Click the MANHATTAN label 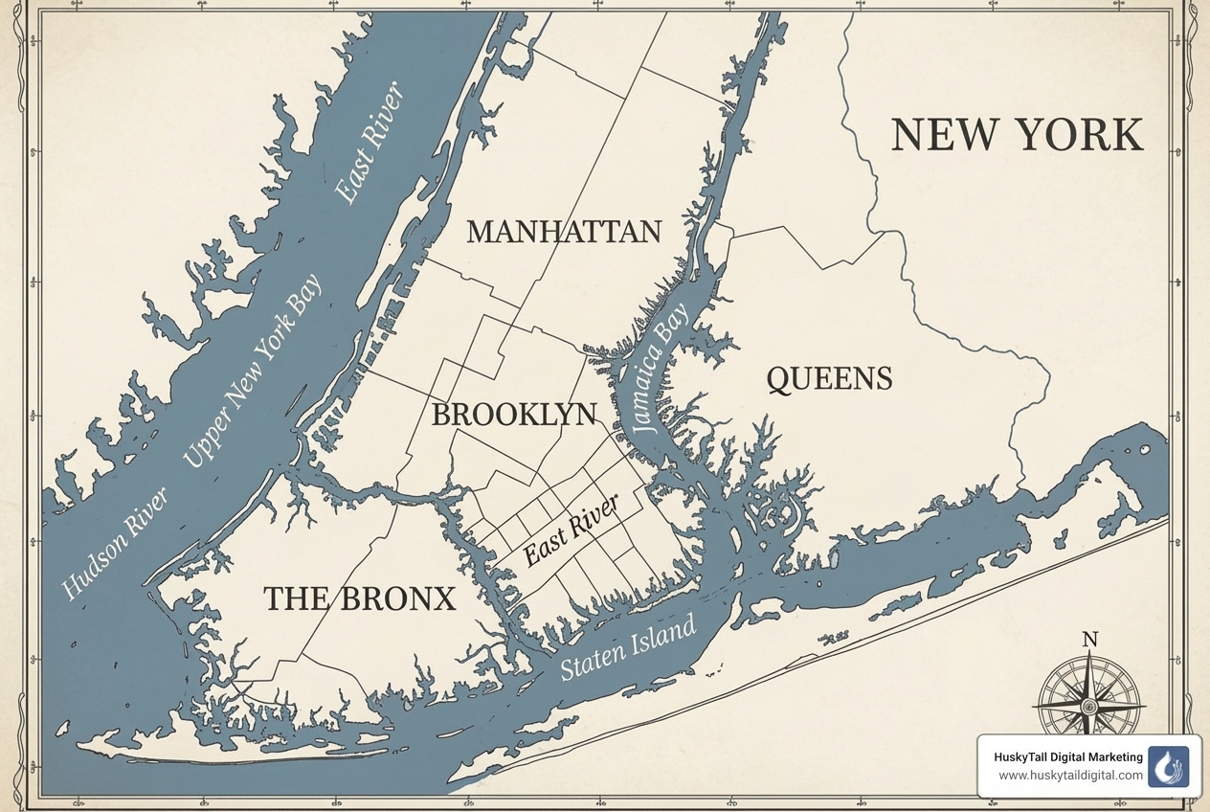[564, 232]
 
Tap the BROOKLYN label [514, 415]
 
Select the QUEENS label [829, 378]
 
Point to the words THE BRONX [359, 599]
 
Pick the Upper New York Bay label [253, 371]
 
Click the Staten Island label [628, 648]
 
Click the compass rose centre [1088, 707]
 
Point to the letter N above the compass [1088, 640]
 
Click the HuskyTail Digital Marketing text [1068, 757]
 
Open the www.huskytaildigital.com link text [1070, 776]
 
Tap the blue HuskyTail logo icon [1168, 766]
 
